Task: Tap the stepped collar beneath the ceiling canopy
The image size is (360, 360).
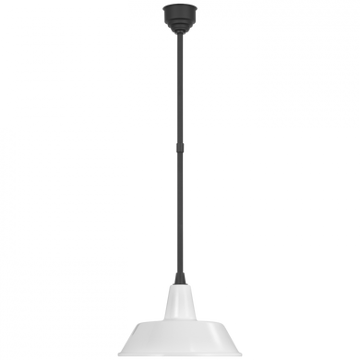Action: pyautogui.click(x=180, y=31)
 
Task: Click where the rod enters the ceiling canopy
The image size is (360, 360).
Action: pyautogui.click(x=180, y=37)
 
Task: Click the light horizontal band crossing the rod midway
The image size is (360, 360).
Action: pyautogui.click(x=180, y=148)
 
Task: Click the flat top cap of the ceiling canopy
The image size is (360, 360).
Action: pyautogui.click(x=180, y=9)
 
